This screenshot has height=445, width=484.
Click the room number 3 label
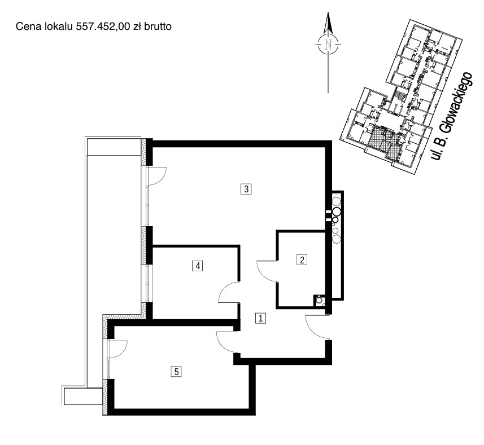coord(246,188)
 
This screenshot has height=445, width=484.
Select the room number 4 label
coord(197,266)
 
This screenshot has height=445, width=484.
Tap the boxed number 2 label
coord(302,260)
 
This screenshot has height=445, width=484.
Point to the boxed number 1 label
coord(260,318)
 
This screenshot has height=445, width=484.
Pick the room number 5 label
coord(176,372)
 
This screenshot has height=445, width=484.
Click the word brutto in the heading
coord(158,27)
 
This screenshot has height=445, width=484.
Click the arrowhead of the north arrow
coord(328,23)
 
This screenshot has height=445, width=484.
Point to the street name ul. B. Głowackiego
coord(452,116)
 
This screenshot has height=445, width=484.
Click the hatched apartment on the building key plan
coord(384,139)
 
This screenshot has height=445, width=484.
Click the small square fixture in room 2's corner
coord(319,301)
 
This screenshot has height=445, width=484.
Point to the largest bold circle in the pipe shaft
coord(337,212)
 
